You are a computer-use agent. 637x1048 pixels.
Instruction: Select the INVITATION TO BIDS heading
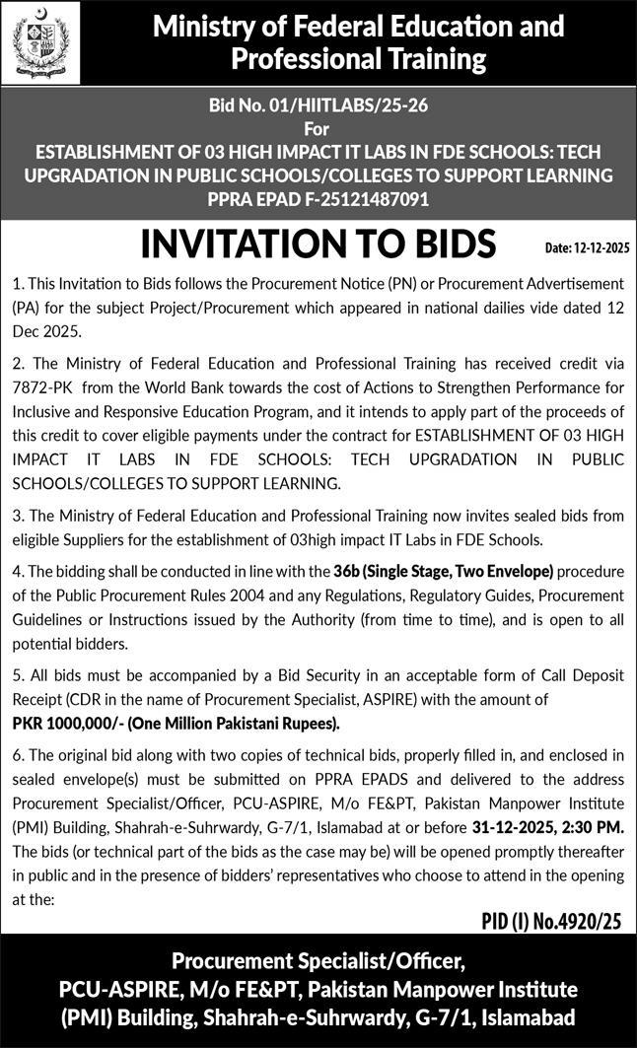coord(318,244)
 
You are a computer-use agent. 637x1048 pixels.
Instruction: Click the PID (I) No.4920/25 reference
coord(551,922)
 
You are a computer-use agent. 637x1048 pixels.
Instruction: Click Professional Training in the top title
coord(359,59)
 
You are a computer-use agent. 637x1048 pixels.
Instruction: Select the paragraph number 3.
coord(17,516)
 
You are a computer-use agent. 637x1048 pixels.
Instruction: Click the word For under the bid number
coord(318,129)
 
